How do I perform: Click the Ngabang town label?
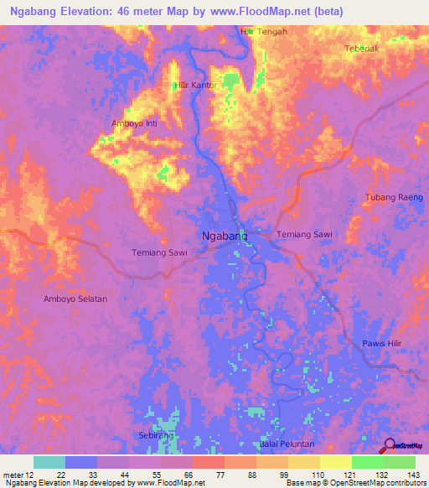(x=225, y=236)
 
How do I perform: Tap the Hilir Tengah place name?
(x=264, y=32)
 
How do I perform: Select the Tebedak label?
(x=362, y=49)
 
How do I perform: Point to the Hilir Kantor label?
(x=194, y=86)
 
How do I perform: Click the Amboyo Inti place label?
(x=135, y=123)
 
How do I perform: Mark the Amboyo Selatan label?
(x=75, y=299)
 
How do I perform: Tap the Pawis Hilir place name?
(x=384, y=344)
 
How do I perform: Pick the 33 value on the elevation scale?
(x=81, y=475)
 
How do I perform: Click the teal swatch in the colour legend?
(x=49, y=462)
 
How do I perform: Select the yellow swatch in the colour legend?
(x=336, y=462)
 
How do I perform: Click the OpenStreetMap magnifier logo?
(x=390, y=446)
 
